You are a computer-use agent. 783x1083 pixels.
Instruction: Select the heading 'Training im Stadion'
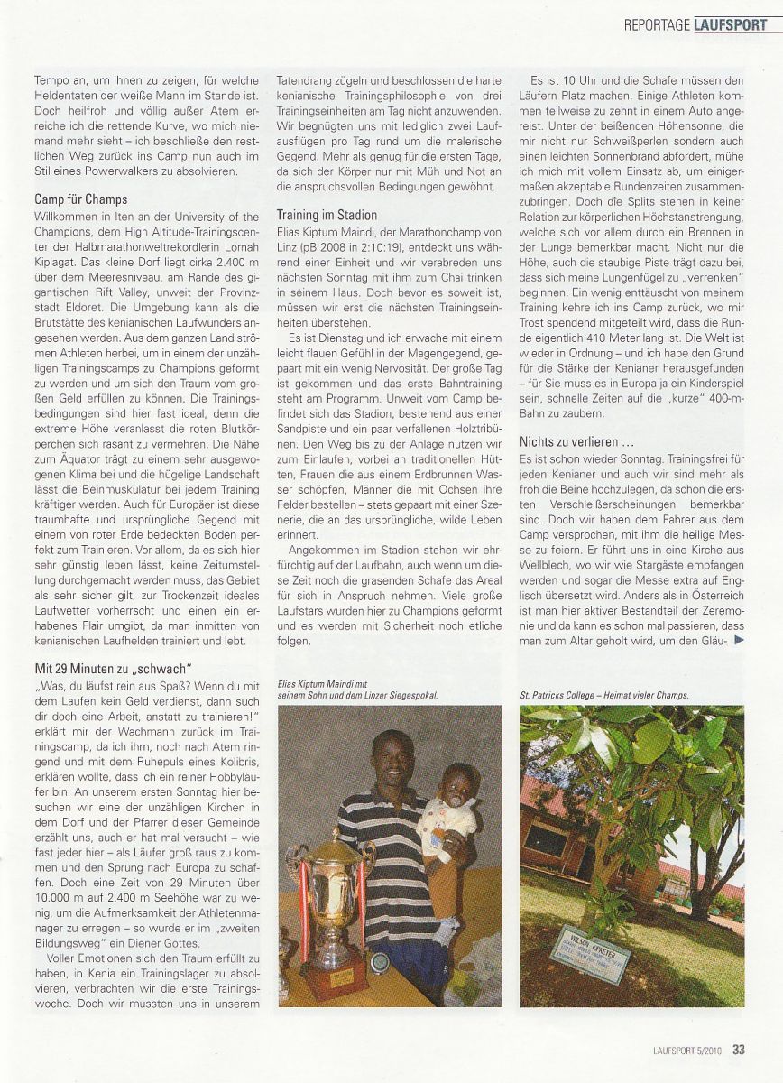point(327,216)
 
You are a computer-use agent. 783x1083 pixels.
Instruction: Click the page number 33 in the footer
point(738,1049)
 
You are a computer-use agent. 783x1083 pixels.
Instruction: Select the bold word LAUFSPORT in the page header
point(732,24)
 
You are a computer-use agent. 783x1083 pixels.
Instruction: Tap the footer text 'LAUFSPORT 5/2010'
point(689,1049)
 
